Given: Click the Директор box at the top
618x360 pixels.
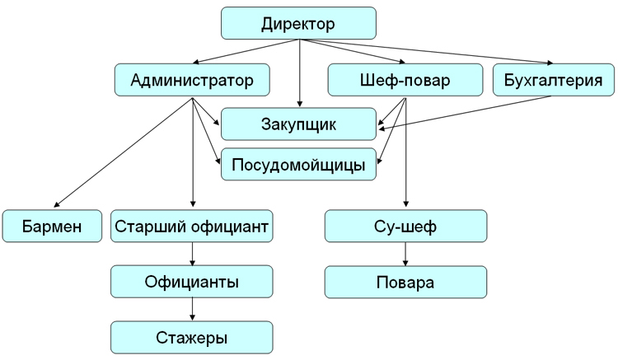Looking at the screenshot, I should click(298, 24).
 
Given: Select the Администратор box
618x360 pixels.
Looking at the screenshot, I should click(190, 81).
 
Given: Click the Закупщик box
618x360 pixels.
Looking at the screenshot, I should click(298, 124).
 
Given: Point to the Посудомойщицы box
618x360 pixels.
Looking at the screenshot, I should click(298, 164).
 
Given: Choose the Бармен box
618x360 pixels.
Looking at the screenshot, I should click(52, 226).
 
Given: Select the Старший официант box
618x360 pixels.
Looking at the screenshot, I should click(191, 226).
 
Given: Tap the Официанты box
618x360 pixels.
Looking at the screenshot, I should click(191, 282).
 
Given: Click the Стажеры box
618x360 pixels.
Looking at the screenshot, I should click(191, 337).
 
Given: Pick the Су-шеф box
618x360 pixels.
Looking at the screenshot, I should click(405, 226).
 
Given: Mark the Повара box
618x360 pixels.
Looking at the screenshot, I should click(405, 282).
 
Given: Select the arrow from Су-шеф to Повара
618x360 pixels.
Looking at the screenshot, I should click(405, 254).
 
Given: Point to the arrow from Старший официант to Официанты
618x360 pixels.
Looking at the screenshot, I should click(191, 254).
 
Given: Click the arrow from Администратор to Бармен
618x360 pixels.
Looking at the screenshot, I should click(124, 152).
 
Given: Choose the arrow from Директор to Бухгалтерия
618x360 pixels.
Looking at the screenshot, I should click(428, 52).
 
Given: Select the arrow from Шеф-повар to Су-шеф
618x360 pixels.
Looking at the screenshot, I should click(405, 157).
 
